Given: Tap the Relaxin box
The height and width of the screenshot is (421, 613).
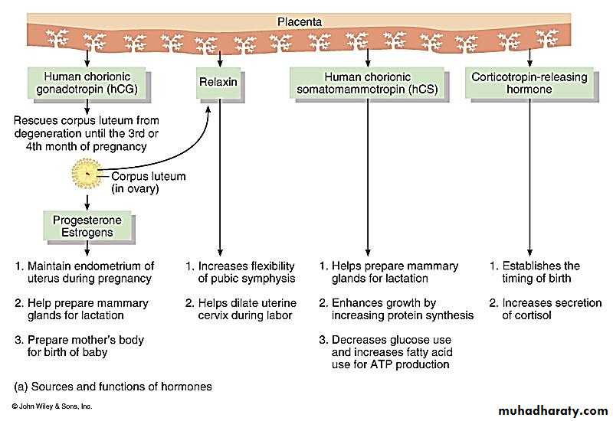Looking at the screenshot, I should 219,83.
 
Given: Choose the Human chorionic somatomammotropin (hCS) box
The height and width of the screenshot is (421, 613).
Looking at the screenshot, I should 367,83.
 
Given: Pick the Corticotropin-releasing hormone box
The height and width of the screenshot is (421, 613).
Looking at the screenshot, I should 529,83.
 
